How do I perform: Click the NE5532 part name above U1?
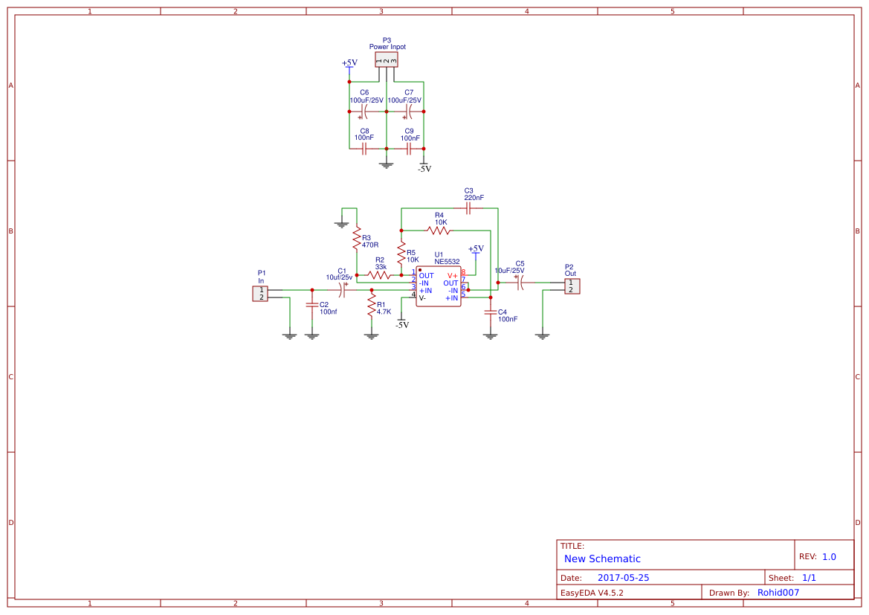coord(447,262)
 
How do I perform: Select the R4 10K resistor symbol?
coord(439,230)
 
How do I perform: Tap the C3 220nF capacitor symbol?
coord(468,208)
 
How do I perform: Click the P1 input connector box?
coord(260,294)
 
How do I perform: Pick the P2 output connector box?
coord(572,286)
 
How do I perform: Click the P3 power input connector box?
coord(387,60)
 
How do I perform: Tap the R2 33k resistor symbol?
coord(379,275)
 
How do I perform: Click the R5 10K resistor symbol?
coord(401,253)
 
